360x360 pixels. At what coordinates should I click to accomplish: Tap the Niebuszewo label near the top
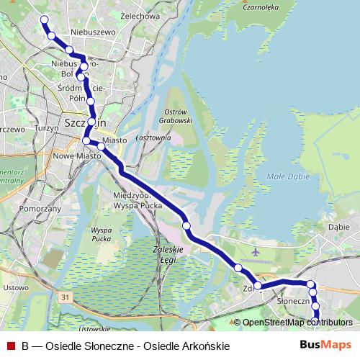tap(94, 32)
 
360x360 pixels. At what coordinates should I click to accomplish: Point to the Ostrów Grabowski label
tap(176, 117)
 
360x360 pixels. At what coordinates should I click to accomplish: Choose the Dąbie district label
tap(338, 226)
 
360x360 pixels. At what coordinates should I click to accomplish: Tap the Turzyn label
tap(45, 127)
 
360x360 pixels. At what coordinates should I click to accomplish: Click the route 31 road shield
tap(66, 297)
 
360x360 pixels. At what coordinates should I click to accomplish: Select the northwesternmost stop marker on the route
tap(45, 19)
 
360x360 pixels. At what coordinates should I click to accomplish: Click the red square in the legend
tap(10, 346)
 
